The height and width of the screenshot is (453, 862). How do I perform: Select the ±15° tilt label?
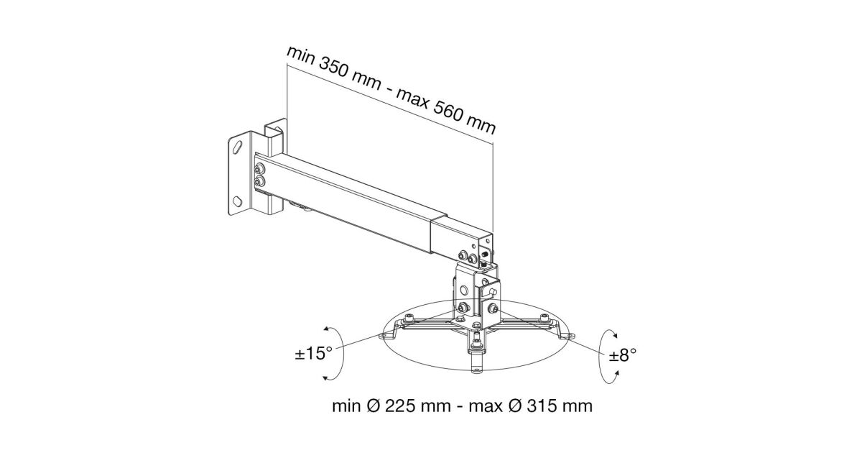pos(314,353)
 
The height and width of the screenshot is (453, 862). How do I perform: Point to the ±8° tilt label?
pos(623,354)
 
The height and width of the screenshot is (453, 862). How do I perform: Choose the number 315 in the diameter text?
pos(542,406)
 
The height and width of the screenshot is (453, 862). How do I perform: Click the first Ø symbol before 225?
pos(373,406)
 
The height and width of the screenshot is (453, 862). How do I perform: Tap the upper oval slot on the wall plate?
pos(238,147)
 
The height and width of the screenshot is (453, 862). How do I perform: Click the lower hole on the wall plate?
pos(237,201)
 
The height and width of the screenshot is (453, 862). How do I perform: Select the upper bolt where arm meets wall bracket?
pos(260,169)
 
